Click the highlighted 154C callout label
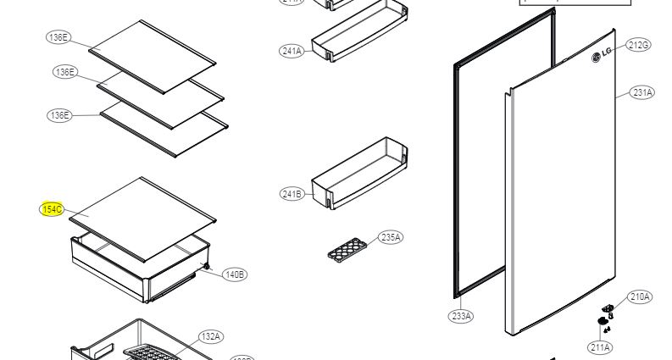coord(53,208)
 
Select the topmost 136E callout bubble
coord(58,37)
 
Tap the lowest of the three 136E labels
coord(58,115)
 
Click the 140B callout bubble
coord(235,274)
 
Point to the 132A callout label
coord(211,337)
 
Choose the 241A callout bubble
coord(291,51)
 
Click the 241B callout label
coord(291,194)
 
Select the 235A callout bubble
coord(391,237)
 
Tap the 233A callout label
coord(461,316)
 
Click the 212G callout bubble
coord(638,45)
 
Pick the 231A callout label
coord(642,93)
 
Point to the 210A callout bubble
coord(640,296)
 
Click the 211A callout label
coord(601,347)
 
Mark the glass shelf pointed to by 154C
coord(142,218)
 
